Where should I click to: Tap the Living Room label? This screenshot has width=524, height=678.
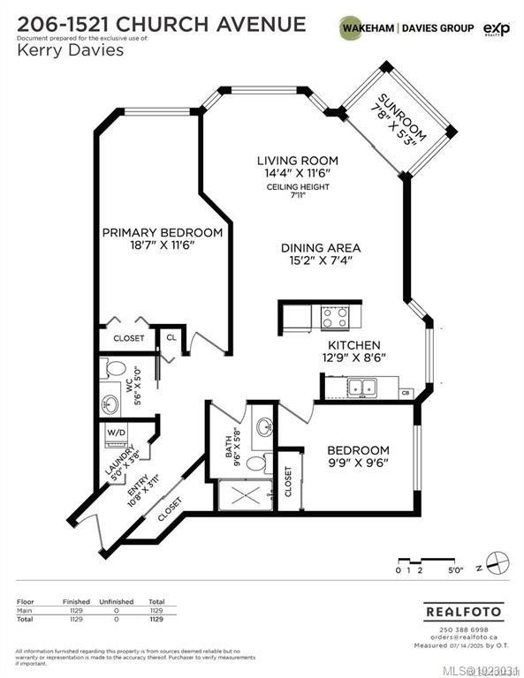point(297,161)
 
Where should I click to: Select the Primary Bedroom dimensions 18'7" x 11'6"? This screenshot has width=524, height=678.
point(162,245)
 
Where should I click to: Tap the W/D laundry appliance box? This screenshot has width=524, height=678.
point(116,433)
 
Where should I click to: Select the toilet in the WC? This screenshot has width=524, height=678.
point(115,368)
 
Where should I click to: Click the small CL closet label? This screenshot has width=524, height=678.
point(170,337)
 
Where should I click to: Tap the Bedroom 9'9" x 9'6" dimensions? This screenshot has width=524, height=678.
point(358,461)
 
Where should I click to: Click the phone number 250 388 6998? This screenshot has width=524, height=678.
point(452,628)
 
